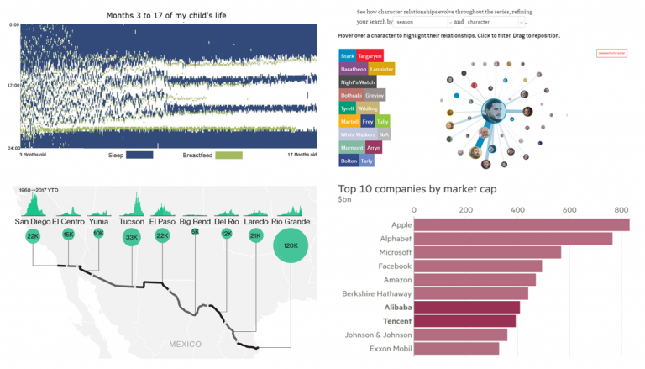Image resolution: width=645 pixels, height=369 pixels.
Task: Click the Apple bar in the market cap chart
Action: click(521, 224)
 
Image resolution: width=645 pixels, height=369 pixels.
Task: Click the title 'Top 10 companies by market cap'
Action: click(417, 189)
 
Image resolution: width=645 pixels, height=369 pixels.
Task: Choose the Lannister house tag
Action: click(381, 69)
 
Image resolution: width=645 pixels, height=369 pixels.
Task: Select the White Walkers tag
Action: click(358, 134)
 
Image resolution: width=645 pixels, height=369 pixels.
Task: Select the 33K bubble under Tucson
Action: click(131, 237)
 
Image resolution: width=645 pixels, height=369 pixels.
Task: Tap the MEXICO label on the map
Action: click(184, 345)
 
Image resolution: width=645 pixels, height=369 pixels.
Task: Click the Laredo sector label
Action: click(256, 222)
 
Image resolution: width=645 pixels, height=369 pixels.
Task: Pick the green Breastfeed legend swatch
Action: click(228, 156)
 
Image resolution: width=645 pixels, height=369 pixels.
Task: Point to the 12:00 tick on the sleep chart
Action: click(13, 87)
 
